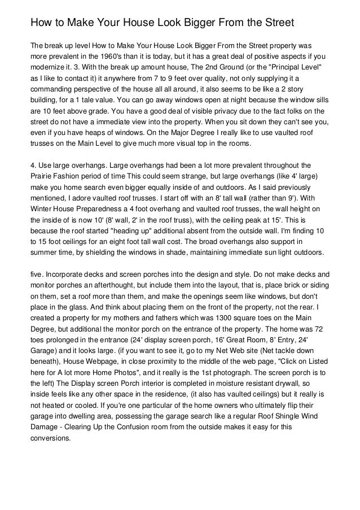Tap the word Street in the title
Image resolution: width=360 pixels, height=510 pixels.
tap(275, 24)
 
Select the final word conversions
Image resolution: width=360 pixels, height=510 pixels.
tap(51, 438)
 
